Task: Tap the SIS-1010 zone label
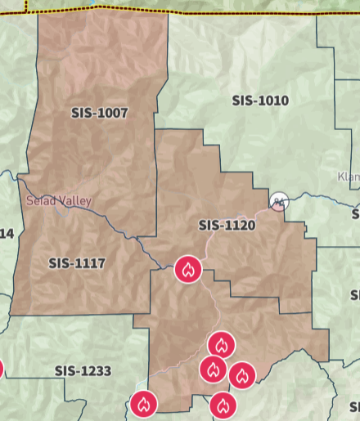tap(260, 101)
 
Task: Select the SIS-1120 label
tap(227, 225)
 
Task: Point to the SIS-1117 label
tap(77, 263)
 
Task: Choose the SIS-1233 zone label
tap(83, 370)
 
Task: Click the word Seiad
tap(41, 200)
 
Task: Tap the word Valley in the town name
tap(75, 200)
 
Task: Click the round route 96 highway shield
tap(279, 200)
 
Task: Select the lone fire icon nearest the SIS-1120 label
tap(188, 269)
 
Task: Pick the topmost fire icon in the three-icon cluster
tap(222, 345)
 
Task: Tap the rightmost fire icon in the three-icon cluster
tap(241, 375)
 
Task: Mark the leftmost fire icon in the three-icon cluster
tap(213, 369)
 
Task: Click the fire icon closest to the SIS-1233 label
tap(143, 403)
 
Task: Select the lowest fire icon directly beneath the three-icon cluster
tap(223, 404)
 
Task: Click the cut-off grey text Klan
tap(348, 177)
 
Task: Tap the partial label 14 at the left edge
tap(7, 234)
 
